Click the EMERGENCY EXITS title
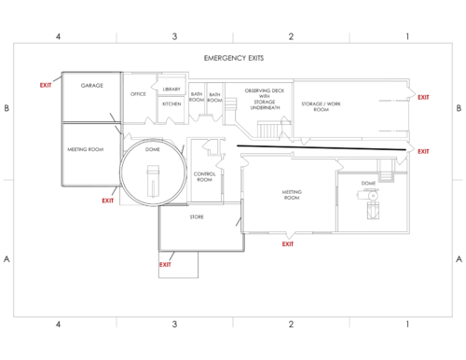[x=233, y=59]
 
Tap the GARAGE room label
[x=91, y=85]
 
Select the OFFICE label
[x=138, y=93]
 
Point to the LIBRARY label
[x=171, y=89]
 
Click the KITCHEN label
[x=171, y=104]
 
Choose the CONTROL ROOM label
[x=205, y=176]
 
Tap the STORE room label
[x=197, y=217]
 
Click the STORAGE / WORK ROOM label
[x=322, y=106]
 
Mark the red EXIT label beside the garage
[x=46, y=85]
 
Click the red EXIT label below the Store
[x=165, y=264]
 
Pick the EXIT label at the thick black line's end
[x=423, y=151]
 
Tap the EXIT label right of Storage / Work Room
[x=423, y=97]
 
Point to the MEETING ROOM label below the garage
[x=85, y=149]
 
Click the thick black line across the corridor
[x=322, y=146]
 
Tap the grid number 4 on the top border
[x=58, y=36]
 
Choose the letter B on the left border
[x=7, y=109]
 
